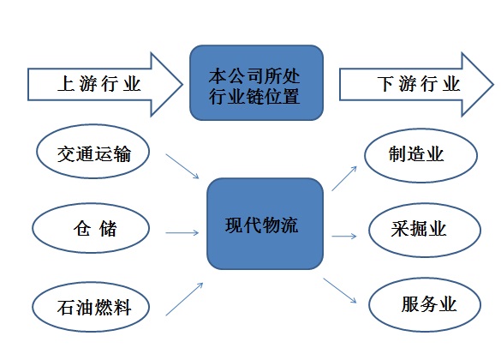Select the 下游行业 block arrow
pyautogui.click(x=416, y=84)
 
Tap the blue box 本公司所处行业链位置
pyautogui.click(x=257, y=83)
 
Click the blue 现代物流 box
pyautogui.click(x=265, y=224)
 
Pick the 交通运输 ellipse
pyautogui.click(x=92, y=151)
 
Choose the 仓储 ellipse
pyautogui.click(x=91, y=228)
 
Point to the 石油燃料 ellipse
pyautogui.click(x=91, y=307)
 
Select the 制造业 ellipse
pyautogui.click(x=420, y=155)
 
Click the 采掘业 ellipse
pyautogui.click(x=425, y=230)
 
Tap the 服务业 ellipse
pyautogui.click(x=425, y=304)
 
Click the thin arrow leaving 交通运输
pyautogui.click(x=182, y=166)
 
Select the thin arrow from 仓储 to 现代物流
pyautogui.click(x=182, y=233)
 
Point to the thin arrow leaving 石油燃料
pyautogui.click(x=184, y=299)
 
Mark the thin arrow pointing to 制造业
pyautogui.click(x=344, y=178)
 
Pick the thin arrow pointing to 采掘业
pyautogui.click(x=344, y=237)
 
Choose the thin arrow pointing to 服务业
pyautogui.click(x=340, y=291)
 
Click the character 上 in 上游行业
pyautogui.click(x=66, y=84)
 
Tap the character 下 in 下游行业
pyautogui.click(x=385, y=84)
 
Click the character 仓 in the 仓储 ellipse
pyautogui.click(x=82, y=228)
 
